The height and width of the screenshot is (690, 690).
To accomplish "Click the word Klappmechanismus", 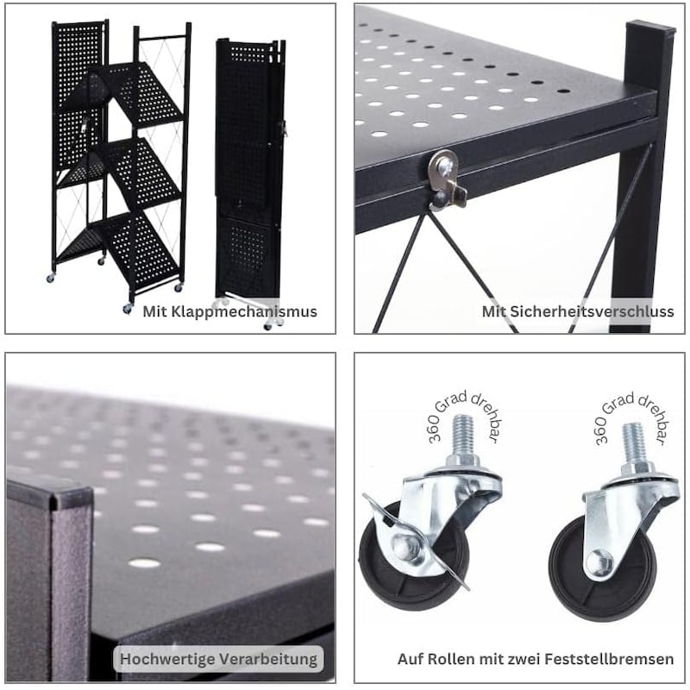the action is (244, 311).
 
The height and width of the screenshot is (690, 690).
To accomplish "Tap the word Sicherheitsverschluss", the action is (592, 311).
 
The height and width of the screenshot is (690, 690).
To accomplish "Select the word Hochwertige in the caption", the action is (167, 659).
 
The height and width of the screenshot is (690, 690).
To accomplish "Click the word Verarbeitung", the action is (268, 659).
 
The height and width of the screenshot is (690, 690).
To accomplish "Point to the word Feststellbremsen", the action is (609, 659).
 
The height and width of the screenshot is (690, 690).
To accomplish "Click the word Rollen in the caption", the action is (451, 659).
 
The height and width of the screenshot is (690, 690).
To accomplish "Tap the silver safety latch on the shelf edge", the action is (446, 179).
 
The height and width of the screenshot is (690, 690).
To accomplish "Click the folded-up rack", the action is (250, 176).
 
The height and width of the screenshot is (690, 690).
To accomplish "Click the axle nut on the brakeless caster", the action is (599, 563).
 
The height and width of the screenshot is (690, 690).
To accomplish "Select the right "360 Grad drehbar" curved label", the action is (630, 418).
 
